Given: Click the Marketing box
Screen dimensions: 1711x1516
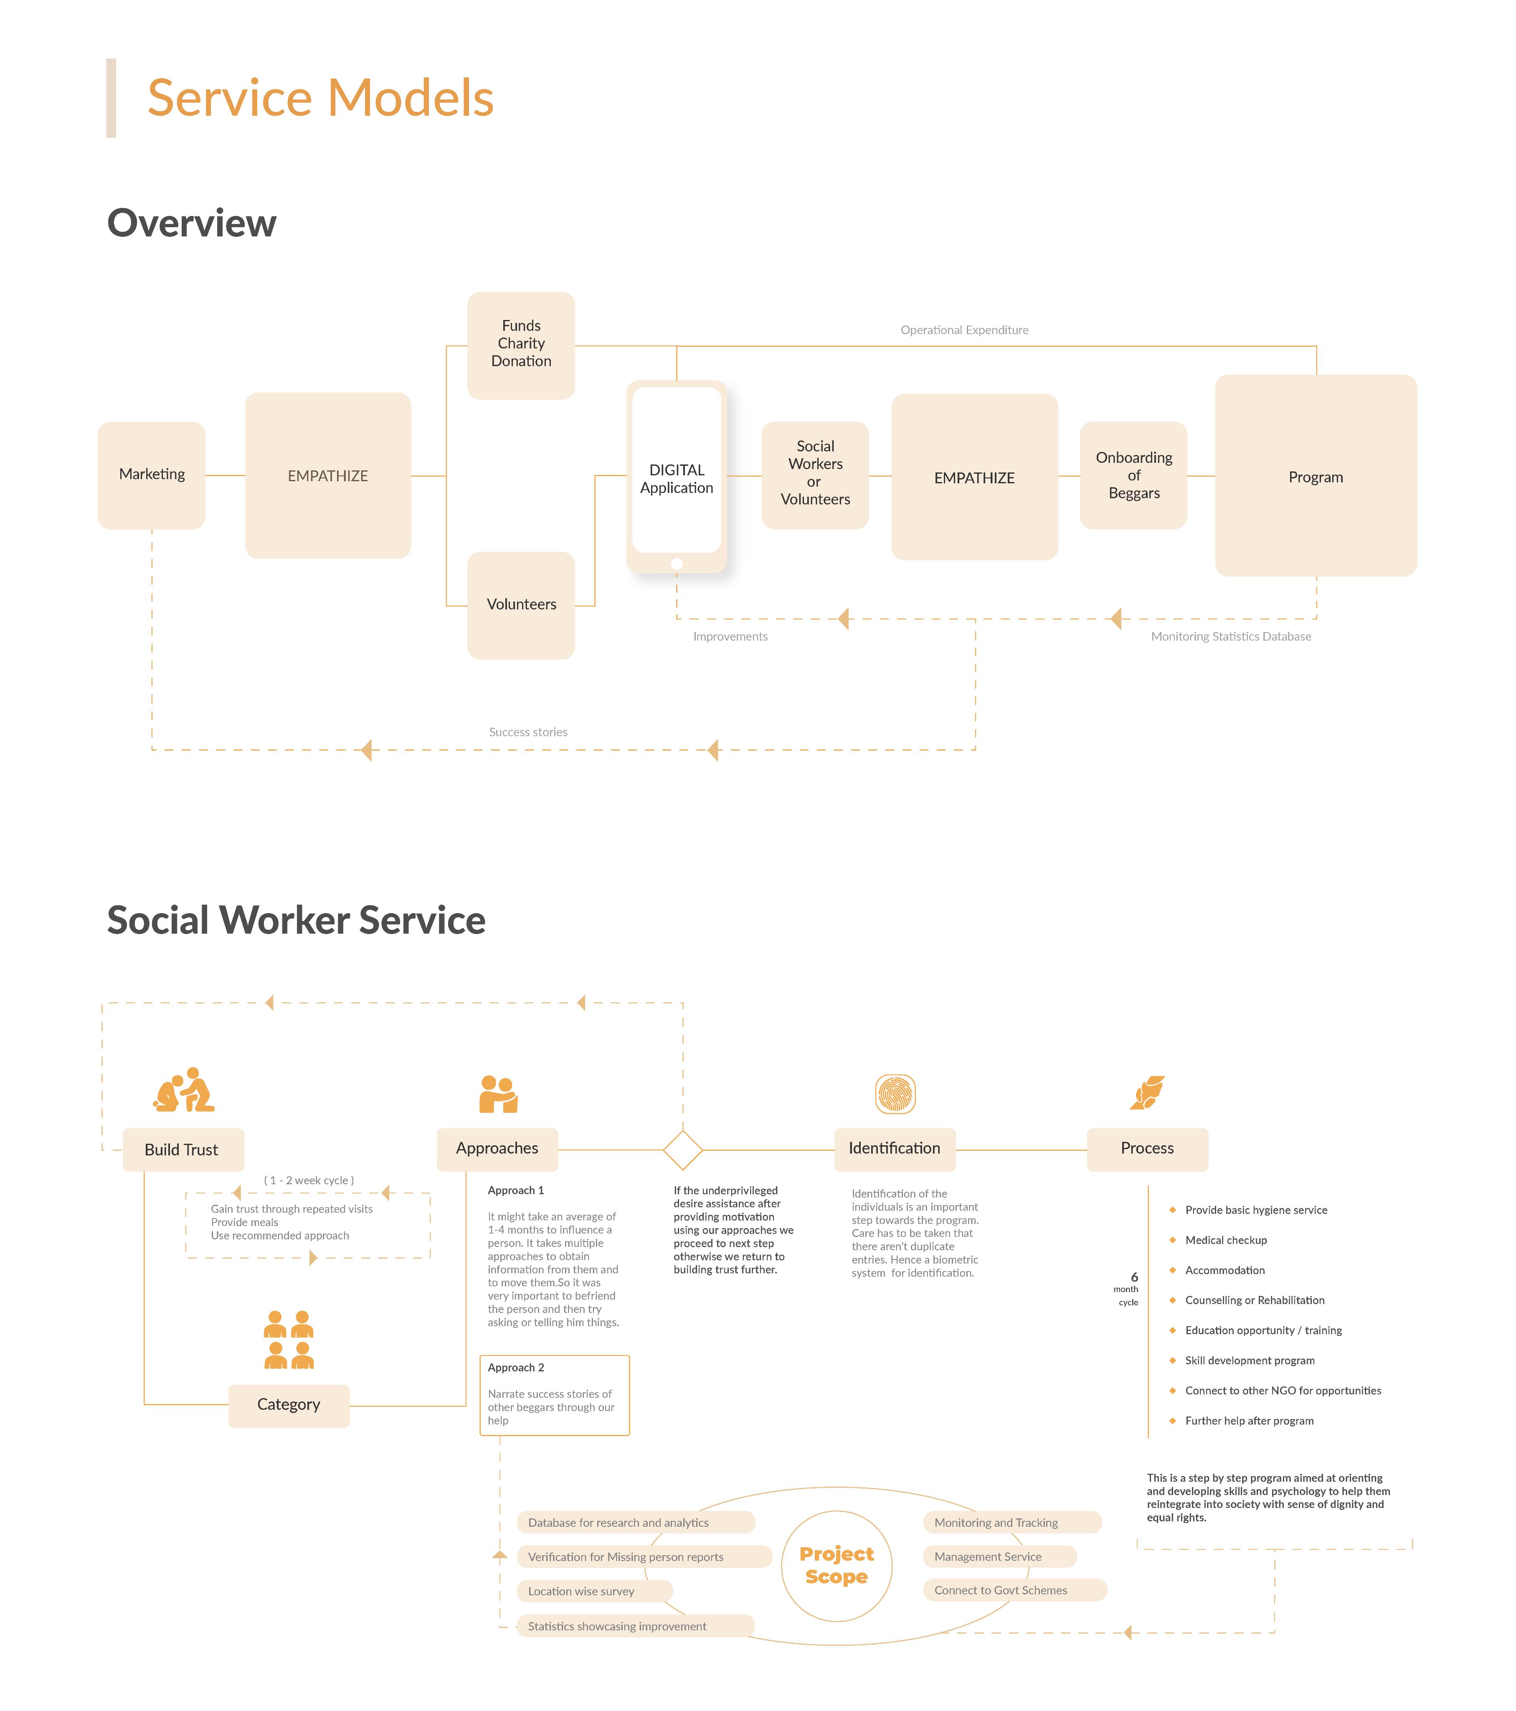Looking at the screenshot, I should point(152,475).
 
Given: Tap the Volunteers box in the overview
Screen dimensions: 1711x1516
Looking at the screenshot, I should point(521,604).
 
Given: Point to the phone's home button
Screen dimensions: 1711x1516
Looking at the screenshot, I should point(677,564).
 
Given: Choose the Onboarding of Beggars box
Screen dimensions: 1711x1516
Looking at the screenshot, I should point(1133,475).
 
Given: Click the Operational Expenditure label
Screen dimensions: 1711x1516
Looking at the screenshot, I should point(964,330).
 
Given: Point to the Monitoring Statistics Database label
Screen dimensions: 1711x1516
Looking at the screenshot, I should point(1230,636).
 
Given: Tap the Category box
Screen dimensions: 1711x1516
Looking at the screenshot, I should point(289,1405).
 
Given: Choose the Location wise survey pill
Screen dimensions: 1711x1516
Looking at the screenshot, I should point(593,1590).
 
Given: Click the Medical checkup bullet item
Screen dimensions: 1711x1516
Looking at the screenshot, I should point(1225,1240).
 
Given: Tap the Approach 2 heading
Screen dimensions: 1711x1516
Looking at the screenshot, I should point(516,1367).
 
